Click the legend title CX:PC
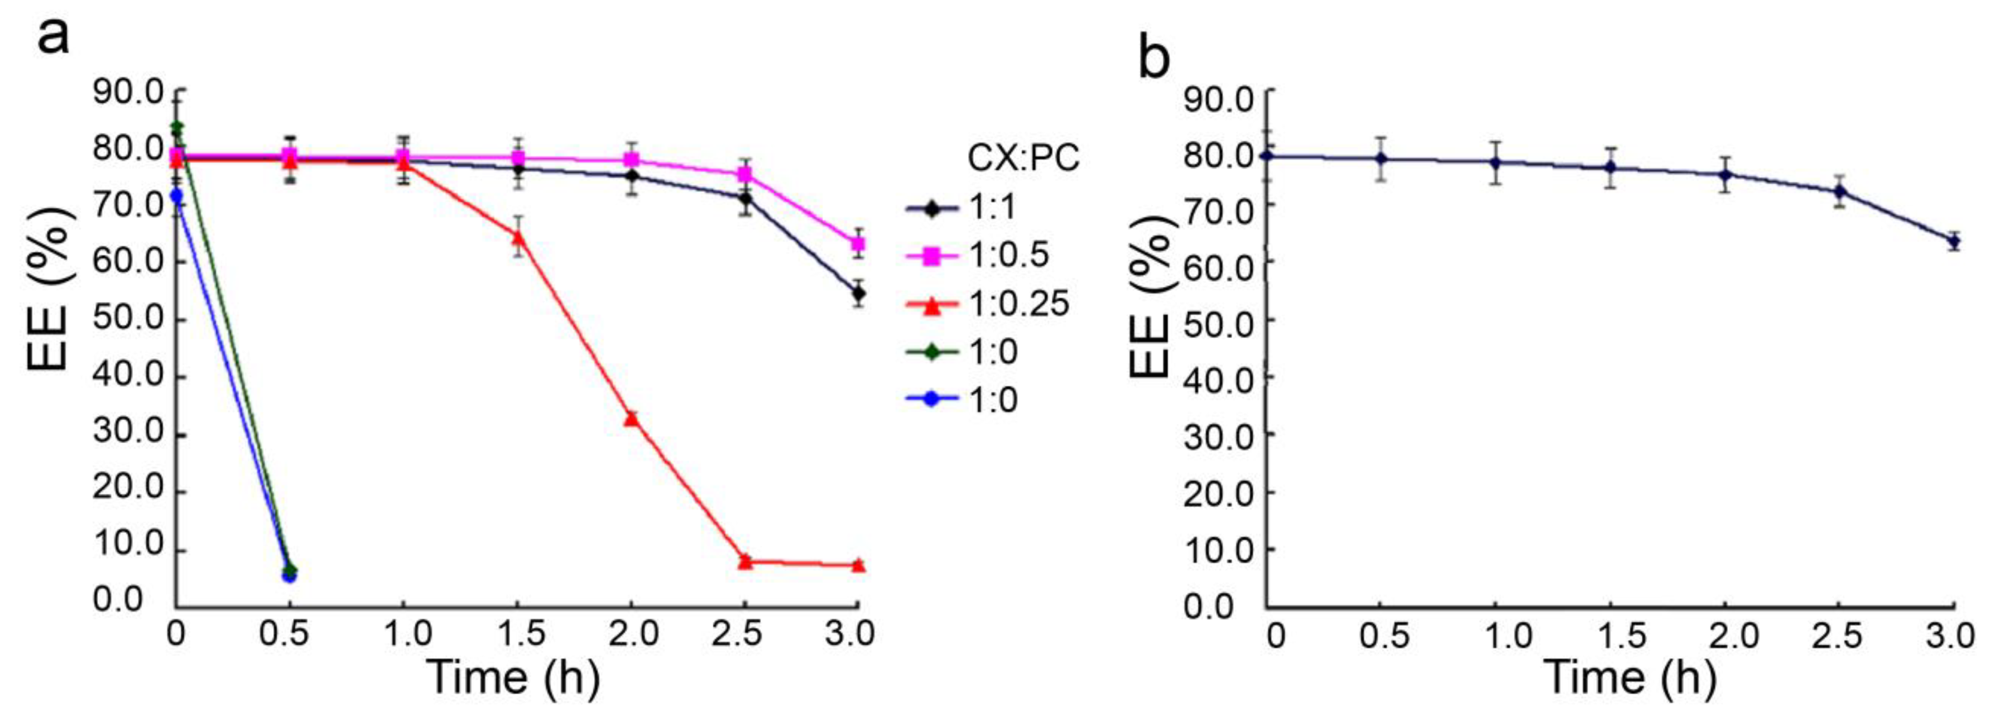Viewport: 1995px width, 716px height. tap(1023, 160)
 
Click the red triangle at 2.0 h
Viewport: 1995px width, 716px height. tap(631, 419)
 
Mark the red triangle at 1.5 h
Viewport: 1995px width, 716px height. tap(518, 238)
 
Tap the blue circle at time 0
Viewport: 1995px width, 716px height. tap(176, 197)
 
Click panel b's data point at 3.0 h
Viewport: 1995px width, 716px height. tap(1953, 242)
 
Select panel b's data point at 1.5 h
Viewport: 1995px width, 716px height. tap(1610, 167)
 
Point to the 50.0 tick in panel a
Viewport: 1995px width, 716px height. tap(128, 320)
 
